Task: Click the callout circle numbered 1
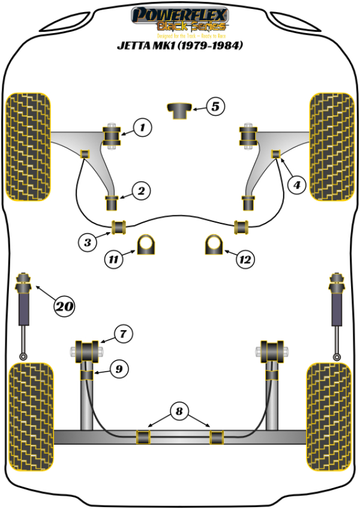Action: (142, 127)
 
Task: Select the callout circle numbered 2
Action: (141, 191)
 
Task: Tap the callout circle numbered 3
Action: (88, 242)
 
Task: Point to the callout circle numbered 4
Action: (296, 185)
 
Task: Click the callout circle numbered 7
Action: (122, 333)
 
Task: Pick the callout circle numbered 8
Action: (178, 412)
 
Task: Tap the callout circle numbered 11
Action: (112, 260)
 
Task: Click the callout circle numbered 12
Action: (245, 260)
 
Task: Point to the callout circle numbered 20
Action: (65, 307)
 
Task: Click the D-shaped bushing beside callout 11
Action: (146, 244)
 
